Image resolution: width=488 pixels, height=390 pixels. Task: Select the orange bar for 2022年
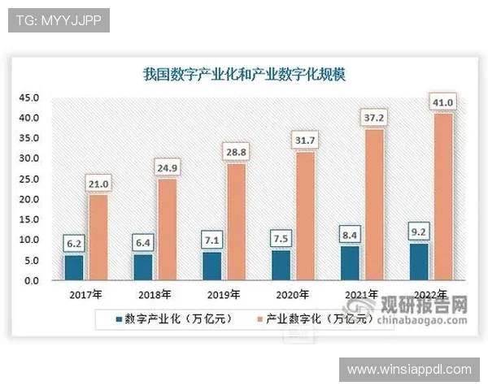point(443,197)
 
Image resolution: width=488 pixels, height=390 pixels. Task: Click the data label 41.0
point(443,102)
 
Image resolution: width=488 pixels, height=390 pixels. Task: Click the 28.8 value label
point(235,152)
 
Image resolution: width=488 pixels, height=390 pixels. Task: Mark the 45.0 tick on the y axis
point(29,97)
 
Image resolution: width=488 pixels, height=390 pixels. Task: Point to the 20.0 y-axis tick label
point(29,199)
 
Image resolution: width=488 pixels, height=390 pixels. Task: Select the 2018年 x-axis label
point(155,294)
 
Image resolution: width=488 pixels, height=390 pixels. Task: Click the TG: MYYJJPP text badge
point(58,20)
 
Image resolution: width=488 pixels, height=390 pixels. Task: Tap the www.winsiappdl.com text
point(409,369)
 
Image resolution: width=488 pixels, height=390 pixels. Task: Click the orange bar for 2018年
point(165,230)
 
